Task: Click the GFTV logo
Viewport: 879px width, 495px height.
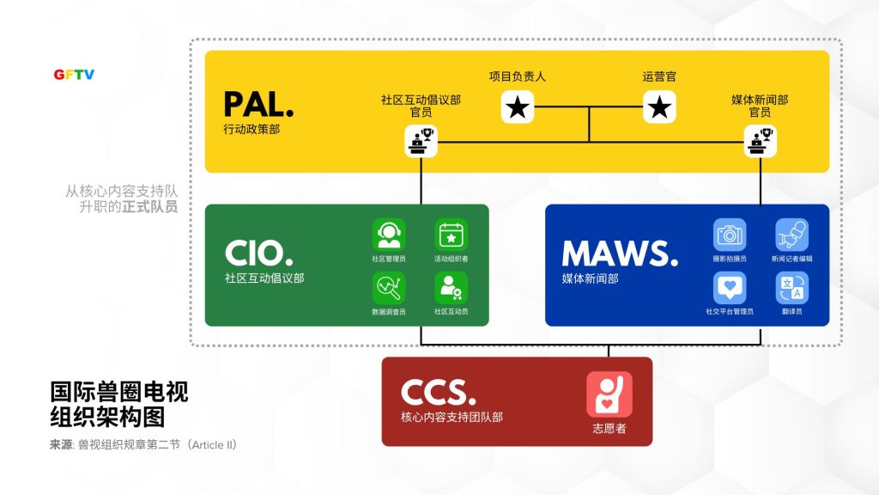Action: click(x=74, y=75)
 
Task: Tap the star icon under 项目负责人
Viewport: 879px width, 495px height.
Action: click(x=518, y=107)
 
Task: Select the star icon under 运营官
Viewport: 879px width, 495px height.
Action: click(x=659, y=107)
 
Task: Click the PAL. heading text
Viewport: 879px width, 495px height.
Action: click(x=258, y=105)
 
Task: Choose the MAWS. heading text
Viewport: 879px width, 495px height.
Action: click(x=620, y=254)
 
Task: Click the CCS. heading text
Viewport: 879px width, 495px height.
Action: click(x=438, y=393)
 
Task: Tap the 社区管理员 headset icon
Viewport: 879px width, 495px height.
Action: click(x=389, y=235)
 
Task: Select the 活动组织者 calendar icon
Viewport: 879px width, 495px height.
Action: click(x=451, y=235)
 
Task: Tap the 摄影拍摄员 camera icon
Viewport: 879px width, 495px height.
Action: click(x=730, y=235)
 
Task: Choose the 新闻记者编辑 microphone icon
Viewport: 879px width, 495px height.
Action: click(x=791, y=235)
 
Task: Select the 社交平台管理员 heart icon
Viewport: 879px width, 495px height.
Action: click(x=730, y=288)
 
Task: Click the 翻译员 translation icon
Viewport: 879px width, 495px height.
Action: click(x=791, y=288)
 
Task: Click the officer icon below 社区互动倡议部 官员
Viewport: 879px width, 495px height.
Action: click(x=421, y=141)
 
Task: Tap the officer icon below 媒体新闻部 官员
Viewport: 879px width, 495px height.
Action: click(x=760, y=141)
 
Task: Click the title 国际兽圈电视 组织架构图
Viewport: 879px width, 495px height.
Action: click(x=119, y=405)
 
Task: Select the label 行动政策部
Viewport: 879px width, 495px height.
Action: click(x=252, y=129)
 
